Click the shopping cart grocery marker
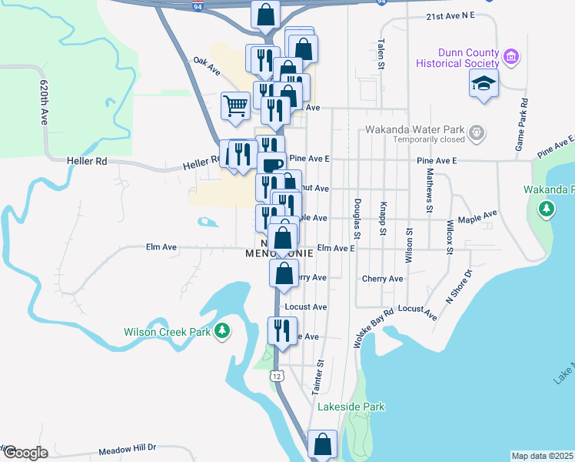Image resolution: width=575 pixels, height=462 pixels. click(234, 105)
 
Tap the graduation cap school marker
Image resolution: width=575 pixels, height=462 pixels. click(484, 83)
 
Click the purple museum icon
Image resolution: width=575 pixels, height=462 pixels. click(510, 56)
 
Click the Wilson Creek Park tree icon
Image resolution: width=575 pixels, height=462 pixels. click(222, 330)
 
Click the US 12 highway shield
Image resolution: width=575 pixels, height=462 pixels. click(277, 376)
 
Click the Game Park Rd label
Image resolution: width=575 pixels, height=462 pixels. click(523, 124)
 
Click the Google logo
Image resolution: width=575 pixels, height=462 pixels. click(25, 453)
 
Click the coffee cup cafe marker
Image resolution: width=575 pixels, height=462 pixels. click(271, 164)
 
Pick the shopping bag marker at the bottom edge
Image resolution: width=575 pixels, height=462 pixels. click(322, 444)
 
